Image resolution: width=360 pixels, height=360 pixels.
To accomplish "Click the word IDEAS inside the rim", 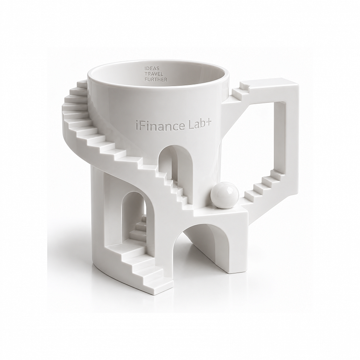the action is click(x=150, y=69).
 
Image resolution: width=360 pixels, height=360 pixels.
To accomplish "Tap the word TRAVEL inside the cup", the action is click(x=152, y=74).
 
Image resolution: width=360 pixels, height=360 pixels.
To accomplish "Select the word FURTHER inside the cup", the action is click(x=155, y=79).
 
